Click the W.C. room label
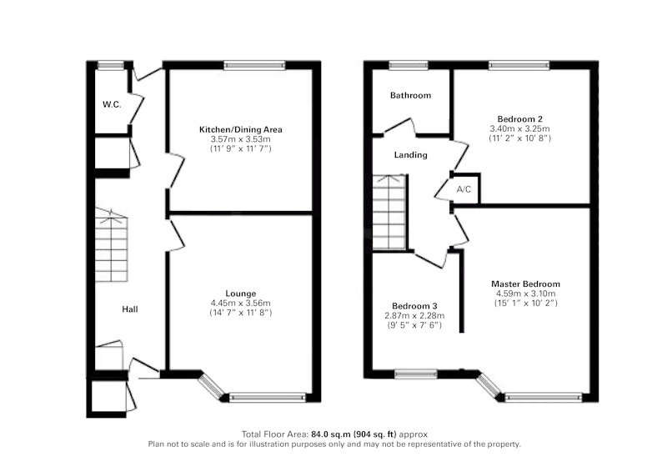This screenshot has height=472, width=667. pyautogui.click(x=112, y=104)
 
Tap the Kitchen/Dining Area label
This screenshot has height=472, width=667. pyautogui.click(x=241, y=129)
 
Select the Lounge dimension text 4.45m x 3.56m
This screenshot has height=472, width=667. pyautogui.click(x=241, y=303)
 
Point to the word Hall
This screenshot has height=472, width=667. pyautogui.click(x=130, y=309)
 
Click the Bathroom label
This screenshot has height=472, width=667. pyautogui.click(x=410, y=95)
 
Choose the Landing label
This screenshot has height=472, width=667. pyautogui.click(x=410, y=155)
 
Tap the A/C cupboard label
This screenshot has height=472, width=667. pyautogui.click(x=464, y=189)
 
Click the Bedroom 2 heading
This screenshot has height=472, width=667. pyautogui.click(x=519, y=118)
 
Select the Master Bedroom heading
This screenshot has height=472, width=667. pyautogui.click(x=526, y=284)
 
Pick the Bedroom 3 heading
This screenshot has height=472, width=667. pyautogui.click(x=414, y=306)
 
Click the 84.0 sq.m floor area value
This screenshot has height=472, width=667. pyautogui.click(x=331, y=434)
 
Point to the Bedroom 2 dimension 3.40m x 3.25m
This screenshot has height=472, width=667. pyautogui.click(x=519, y=128)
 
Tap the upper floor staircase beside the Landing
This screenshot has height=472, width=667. pyautogui.click(x=389, y=212)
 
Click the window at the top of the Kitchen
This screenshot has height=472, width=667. pyautogui.click(x=255, y=65)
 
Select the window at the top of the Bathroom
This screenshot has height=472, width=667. pyautogui.click(x=409, y=65)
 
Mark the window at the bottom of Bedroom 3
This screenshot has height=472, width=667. pyautogui.click(x=416, y=374)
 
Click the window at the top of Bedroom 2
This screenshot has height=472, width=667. pyautogui.click(x=519, y=65)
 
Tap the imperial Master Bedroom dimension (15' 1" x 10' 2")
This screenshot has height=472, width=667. pyautogui.click(x=526, y=303)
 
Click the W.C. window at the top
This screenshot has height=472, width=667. pyautogui.click(x=111, y=65)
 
